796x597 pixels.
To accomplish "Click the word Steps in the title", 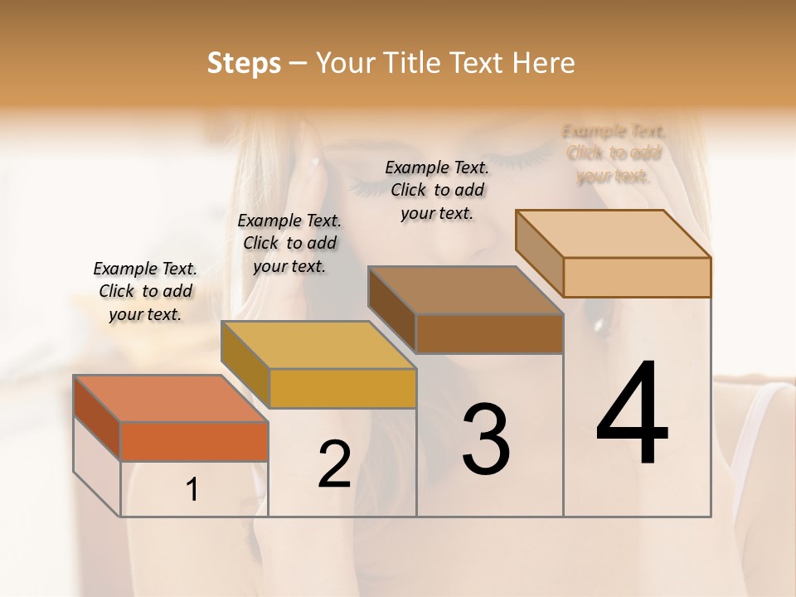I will pos(244,63).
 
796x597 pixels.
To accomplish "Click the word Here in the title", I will pos(544,63).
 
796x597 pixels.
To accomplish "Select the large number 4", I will pos(633,414).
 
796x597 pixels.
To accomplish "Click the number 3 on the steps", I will pos(486,439).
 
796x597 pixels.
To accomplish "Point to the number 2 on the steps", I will pos(334,464).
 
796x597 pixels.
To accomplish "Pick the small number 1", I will pos(192,490).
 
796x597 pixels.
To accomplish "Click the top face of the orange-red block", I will pos(170,399).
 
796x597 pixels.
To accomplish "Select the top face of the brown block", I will pos(465,291).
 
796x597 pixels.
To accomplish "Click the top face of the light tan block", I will pos(613,234).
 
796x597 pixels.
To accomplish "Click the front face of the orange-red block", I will pos(194,441).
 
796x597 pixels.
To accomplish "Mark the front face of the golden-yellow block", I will pos(342,388).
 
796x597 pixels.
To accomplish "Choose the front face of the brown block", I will pos(489,334).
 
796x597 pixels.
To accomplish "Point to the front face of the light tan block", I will pos(637,277).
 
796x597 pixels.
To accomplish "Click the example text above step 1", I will pos(145,291).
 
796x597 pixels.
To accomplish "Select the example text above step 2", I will pos(289,243).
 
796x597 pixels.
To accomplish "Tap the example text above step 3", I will pos(437,190).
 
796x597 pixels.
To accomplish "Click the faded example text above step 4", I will pos(614,153).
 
